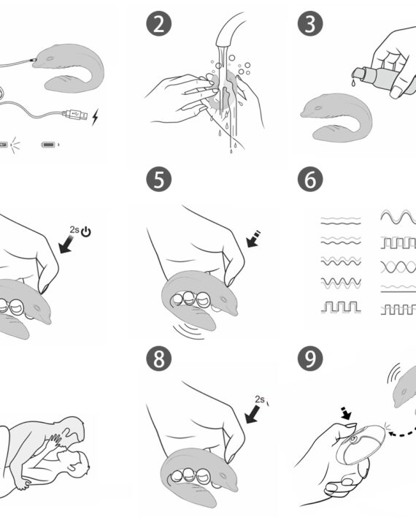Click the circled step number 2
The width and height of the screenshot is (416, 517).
tap(159, 23)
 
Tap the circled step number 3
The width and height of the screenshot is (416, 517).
tap(310, 23)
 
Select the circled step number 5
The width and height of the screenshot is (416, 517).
tap(159, 180)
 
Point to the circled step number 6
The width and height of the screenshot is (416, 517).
tap(310, 180)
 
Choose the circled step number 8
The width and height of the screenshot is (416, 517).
tap(159, 359)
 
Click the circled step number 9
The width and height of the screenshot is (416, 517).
tap(310, 359)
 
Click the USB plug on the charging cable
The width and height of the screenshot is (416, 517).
tap(75, 115)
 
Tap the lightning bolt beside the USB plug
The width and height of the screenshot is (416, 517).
tap(96, 117)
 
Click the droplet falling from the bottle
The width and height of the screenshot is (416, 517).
tap(353, 83)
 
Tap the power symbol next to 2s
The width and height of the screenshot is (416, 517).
tap(86, 232)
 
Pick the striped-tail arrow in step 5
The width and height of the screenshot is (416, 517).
tap(254, 239)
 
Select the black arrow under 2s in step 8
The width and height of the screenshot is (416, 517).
tap(253, 415)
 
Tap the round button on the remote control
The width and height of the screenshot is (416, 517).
tap(354, 439)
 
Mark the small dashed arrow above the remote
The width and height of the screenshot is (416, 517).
tap(346, 413)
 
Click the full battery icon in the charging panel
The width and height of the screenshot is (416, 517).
tap(50, 145)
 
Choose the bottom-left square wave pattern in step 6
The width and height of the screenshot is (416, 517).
tap(341, 307)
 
